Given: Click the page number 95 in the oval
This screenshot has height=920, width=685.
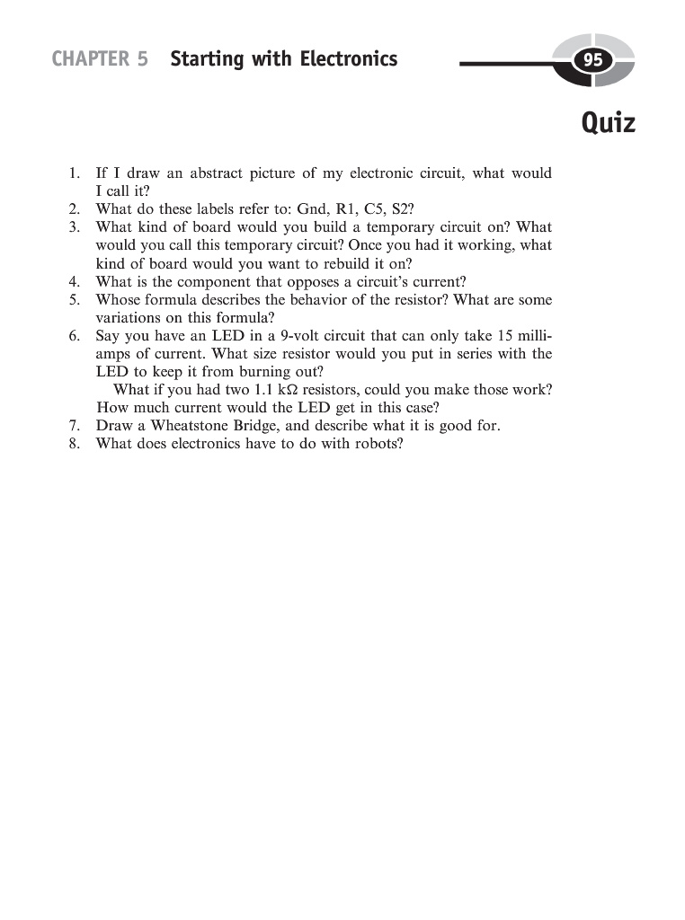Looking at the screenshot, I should (x=592, y=61).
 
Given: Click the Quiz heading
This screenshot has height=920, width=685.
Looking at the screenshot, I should (x=608, y=121).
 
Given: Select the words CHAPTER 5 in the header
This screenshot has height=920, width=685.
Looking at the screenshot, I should (x=100, y=59).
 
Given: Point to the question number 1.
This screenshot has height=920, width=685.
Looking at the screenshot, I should (x=74, y=173).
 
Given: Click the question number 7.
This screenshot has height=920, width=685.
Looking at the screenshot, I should (x=74, y=426).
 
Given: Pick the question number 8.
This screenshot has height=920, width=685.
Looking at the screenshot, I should (x=74, y=444).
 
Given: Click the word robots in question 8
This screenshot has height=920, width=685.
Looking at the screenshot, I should (x=378, y=444).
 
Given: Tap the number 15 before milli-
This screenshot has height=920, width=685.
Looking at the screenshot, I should (x=505, y=336).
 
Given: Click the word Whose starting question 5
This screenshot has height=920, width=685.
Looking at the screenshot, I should (x=116, y=299).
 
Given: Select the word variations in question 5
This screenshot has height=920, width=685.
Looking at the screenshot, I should (x=128, y=317).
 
